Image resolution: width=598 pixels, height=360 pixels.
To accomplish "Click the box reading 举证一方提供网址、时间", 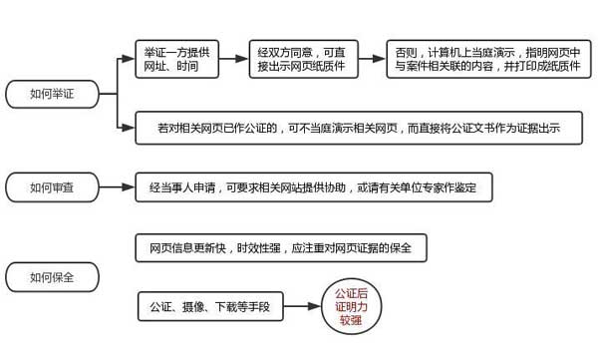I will coord(175,59).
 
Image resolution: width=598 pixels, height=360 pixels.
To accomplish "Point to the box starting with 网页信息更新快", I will coord(279,246).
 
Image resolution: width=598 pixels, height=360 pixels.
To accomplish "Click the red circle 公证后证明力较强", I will coord(352,305).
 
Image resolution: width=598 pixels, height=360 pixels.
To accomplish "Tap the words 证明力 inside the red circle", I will coord(352,305).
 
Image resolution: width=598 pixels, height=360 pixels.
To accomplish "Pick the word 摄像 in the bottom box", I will coord(195,305).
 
